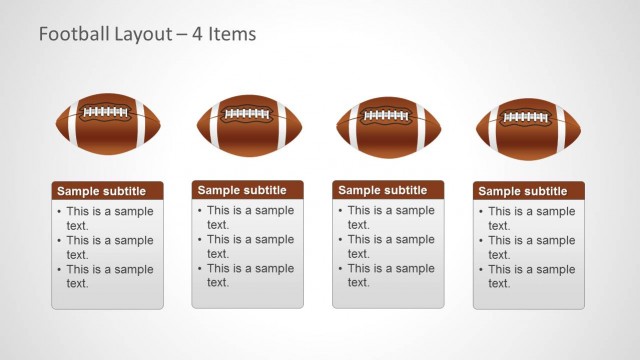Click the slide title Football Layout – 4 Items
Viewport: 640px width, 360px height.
click(147, 34)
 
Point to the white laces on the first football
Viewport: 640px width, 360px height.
click(108, 112)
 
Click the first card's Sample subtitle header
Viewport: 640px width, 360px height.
click(108, 191)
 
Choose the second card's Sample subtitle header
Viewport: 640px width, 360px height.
click(248, 190)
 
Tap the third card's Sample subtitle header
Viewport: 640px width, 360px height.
click(388, 190)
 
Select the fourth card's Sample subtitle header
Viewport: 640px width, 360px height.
click(528, 191)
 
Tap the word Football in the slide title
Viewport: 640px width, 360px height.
click(71, 34)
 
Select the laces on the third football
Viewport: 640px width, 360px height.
click(388, 116)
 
